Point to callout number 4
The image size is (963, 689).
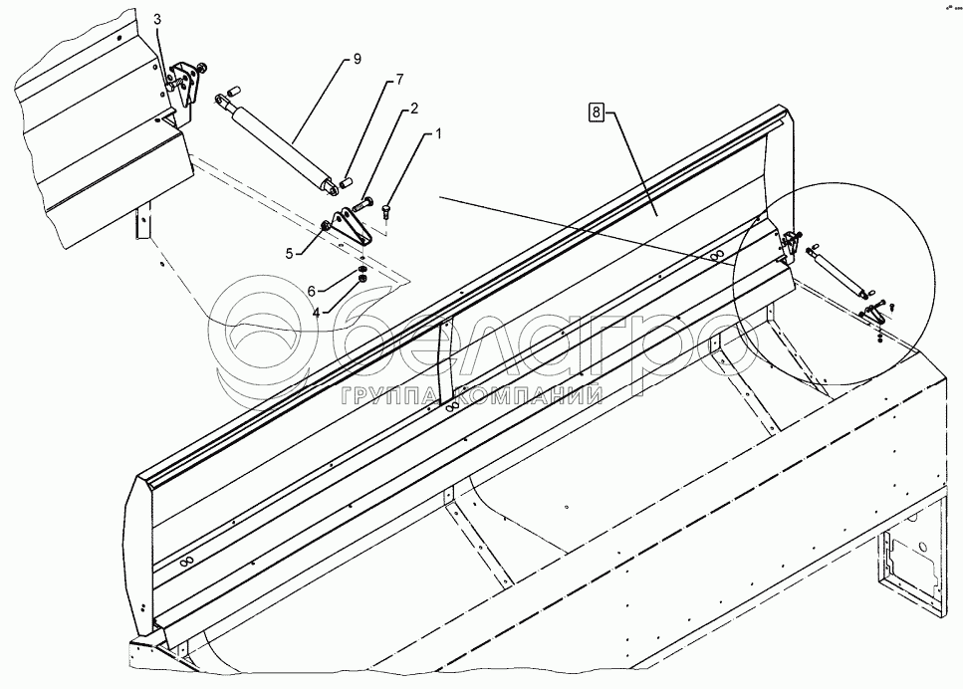[x=316, y=313]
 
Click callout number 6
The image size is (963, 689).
[x=312, y=291]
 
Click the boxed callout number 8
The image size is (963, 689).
[x=596, y=114]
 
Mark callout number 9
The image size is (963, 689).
[x=357, y=60]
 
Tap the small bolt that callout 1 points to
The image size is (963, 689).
[x=386, y=208]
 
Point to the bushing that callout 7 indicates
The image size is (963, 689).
[x=346, y=180]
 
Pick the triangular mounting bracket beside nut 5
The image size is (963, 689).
[x=350, y=227]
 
